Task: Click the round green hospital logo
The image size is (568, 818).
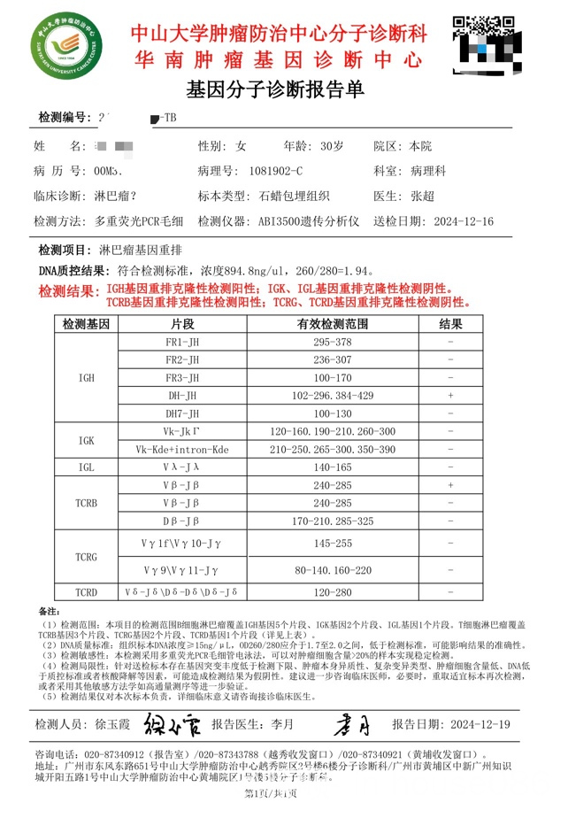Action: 69,49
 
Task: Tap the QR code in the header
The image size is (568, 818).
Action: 484,46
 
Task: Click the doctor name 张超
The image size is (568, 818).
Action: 422,196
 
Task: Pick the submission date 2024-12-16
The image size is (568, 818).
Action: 458,220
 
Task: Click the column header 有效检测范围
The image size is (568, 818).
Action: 333,324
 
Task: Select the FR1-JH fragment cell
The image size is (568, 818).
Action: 182,342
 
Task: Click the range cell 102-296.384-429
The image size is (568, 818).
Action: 333,396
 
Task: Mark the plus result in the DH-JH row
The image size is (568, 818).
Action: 450,396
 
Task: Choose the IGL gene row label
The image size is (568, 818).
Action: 86,467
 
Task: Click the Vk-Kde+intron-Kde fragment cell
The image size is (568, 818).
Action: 182,450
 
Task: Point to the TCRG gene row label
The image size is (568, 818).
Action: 86,557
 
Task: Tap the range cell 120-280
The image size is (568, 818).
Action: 333,592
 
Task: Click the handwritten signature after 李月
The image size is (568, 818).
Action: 352,723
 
